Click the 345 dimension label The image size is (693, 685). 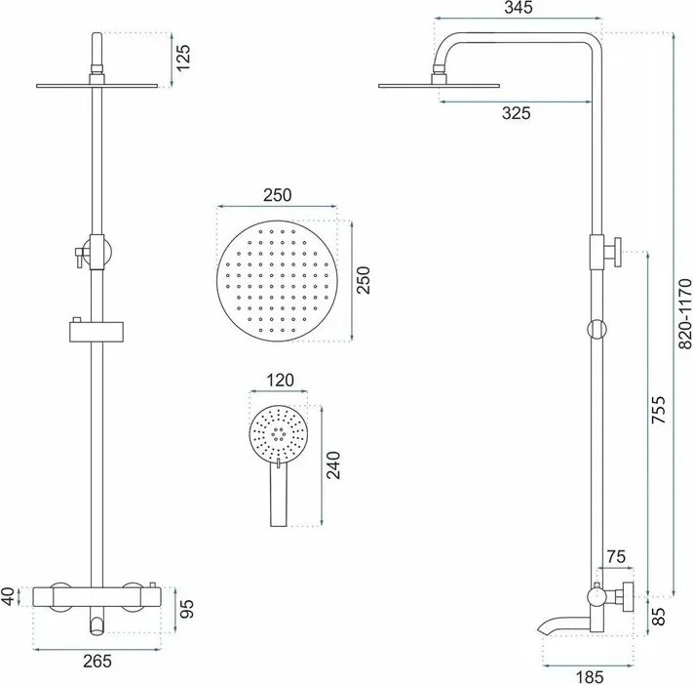[516, 10]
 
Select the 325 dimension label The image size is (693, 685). [516, 113]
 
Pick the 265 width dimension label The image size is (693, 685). [96, 661]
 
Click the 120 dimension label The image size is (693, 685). [279, 381]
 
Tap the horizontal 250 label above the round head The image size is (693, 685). [277, 194]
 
